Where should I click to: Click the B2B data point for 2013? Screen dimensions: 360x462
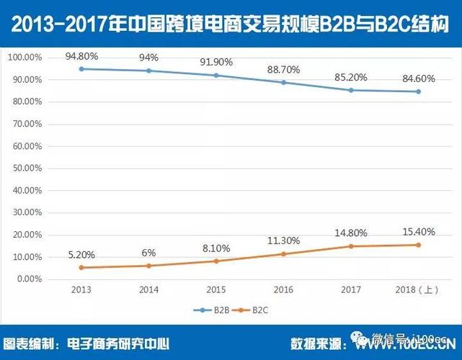81,68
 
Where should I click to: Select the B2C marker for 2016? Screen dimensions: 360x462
283,253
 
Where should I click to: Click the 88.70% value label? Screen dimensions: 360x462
283,69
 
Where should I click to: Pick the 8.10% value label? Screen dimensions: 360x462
216,248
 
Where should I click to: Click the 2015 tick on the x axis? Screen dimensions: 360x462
216,290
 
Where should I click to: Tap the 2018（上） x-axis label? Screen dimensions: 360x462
418,290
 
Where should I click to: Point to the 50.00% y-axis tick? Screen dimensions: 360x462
28,168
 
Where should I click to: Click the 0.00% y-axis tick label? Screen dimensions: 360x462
30,279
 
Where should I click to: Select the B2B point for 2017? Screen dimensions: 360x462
350,90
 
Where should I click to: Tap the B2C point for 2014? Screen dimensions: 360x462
148,266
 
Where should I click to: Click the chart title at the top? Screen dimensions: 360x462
231,24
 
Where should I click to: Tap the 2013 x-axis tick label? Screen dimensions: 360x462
81,290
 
